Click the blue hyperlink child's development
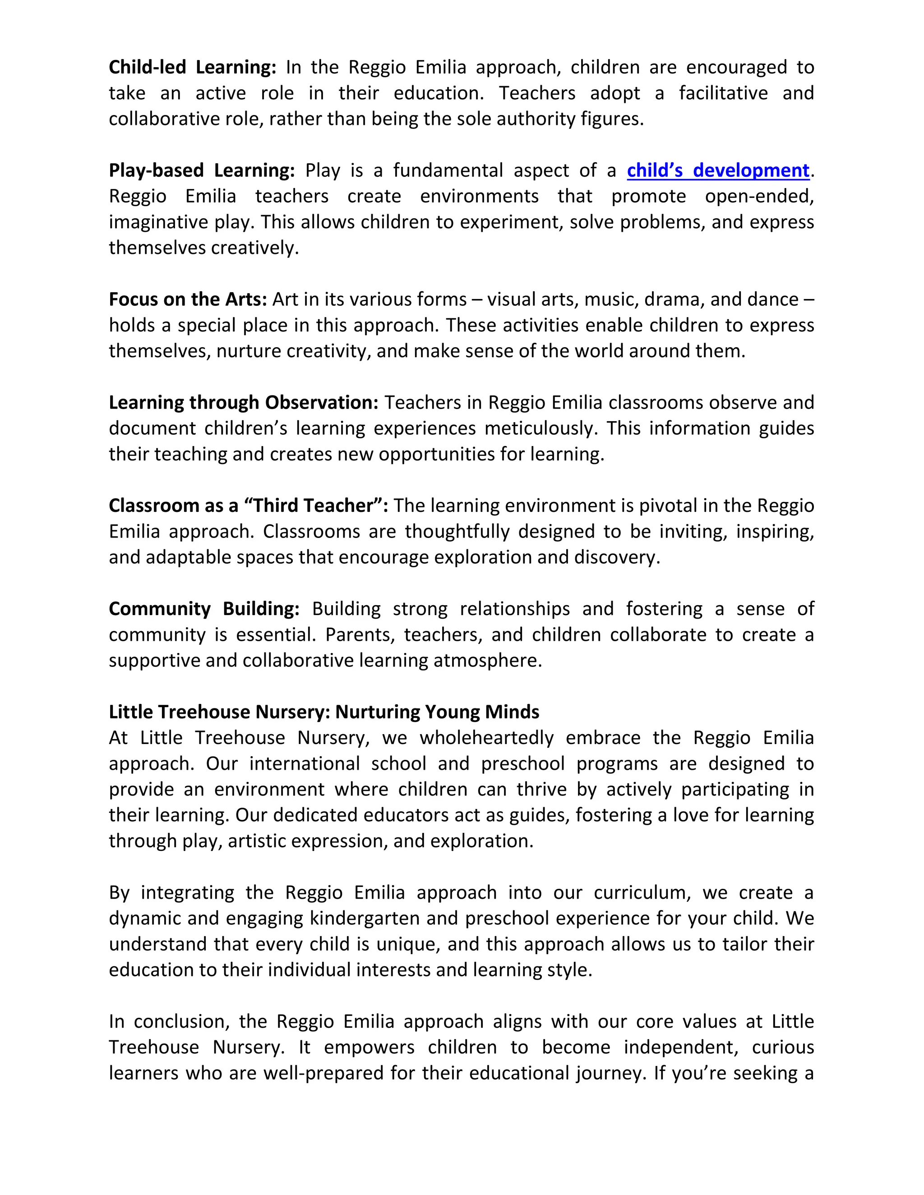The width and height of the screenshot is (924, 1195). point(718,171)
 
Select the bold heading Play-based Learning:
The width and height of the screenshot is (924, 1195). point(201,171)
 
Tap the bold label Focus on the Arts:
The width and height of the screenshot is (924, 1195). point(188,299)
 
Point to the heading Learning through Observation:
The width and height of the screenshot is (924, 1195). point(244,402)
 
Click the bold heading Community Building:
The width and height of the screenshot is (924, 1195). point(203,608)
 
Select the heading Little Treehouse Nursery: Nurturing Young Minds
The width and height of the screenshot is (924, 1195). point(324,712)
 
